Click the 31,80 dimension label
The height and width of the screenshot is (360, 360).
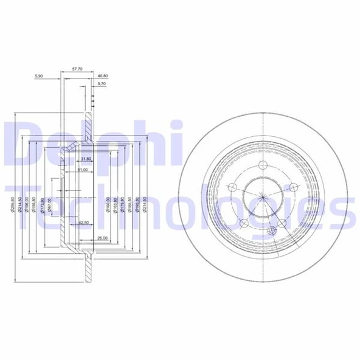click(x=85, y=159)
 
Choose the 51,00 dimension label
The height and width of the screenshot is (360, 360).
click(x=85, y=170)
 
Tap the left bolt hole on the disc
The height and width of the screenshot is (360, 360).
click(x=232, y=187)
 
